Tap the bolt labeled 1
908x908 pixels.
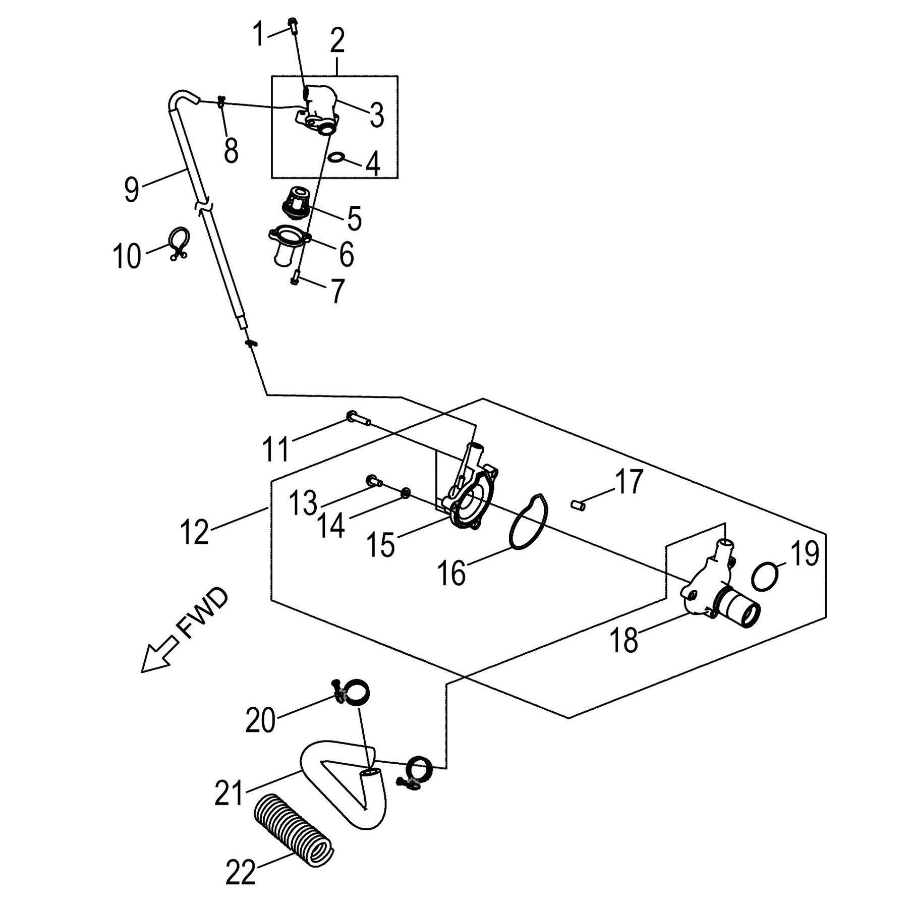(x=293, y=24)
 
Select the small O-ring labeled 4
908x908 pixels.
(x=336, y=158)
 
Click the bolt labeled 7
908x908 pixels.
(x=295, y=277)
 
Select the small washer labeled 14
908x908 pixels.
(x=405, y=493)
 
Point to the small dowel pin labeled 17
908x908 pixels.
(x=578, y=504)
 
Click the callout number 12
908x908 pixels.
(x=194, y=532)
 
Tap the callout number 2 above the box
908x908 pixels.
(x=337, y=42)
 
